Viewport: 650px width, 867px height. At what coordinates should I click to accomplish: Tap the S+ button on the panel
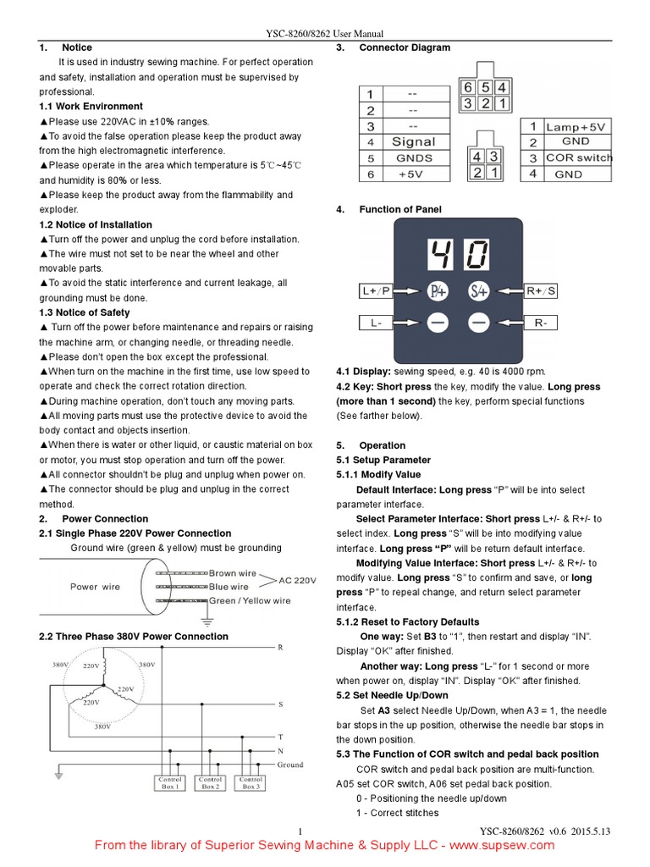tap(479, 291)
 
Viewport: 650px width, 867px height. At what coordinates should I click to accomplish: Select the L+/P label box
tap(376, 291)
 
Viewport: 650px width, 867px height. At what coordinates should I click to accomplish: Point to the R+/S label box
tap(541, 291)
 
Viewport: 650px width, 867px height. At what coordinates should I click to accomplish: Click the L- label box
tap(376, 323)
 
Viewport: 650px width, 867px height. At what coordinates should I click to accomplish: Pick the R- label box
tap(541, 323)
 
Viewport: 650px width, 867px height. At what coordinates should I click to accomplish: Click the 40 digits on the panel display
tap(459, 253)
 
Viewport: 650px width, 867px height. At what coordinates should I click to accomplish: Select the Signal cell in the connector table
tap(413, 141)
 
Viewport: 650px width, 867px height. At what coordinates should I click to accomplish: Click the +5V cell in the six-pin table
tap(413, 174)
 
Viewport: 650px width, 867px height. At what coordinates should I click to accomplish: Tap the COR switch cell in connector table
tap(578, 158)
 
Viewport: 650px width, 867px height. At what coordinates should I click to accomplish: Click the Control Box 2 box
tap(210, 782)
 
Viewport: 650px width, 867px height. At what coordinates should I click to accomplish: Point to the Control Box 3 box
tap(251, 782)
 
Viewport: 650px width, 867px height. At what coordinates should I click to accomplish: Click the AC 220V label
tap(297, 581)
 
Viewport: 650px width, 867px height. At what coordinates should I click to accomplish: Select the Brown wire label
tap(232, 573)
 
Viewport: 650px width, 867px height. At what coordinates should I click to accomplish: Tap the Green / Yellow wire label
tap(249, 601)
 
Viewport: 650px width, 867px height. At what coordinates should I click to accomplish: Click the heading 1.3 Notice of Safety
tap(85, 312)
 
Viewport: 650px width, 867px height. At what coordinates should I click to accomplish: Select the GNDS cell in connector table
tap(413, 157)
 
